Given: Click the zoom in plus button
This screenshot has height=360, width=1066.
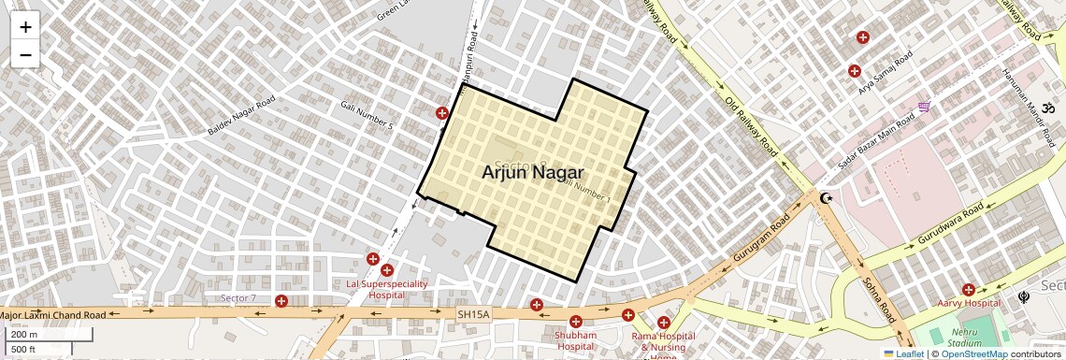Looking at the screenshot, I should [25, 26].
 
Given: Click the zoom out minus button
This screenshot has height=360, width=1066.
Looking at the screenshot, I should [25, 55].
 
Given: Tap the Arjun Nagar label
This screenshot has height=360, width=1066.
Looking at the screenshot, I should [532, 173].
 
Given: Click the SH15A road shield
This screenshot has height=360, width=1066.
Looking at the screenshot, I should [472, 315].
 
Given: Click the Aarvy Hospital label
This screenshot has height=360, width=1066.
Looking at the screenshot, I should [970, 303].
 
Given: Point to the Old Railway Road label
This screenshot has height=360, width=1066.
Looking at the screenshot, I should [751, 126].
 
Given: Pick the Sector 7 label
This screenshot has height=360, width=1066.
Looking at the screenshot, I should [238, 298].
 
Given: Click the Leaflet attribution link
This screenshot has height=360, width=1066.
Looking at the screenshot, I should [904, 353].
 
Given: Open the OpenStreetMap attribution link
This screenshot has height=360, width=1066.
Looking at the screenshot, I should [973, 353].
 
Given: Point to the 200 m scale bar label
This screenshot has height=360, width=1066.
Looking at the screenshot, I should [25, 335].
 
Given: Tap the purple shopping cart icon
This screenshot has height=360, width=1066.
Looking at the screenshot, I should [924, 108].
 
